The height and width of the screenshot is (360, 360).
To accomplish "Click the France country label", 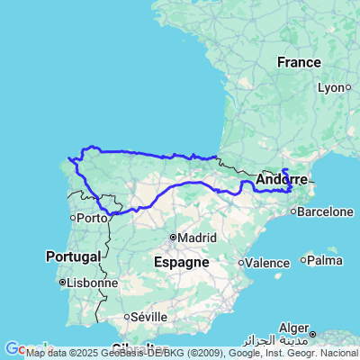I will pyautogui.click(x=299, y=63).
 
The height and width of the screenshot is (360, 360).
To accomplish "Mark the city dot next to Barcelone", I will pyautogui.click(x=294, y=212).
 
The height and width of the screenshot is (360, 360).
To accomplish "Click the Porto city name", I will pyautogui.click(x=91, y=218).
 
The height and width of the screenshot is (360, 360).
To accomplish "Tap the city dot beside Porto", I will pyautogui.click(x=74, y=218).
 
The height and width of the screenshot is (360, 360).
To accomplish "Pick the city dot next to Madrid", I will pyautogui.click(x=174, y=238).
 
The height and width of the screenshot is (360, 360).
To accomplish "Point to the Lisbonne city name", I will pyautogui.click(x=94, y=283).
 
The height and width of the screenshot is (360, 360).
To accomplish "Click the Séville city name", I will pyautogui.click(x=148, y=318).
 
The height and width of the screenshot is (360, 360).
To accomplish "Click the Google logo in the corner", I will pyautogui.click(x=12, y=349).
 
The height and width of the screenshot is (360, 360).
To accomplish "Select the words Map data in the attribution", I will pyautogui.click(x=43, y=353).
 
